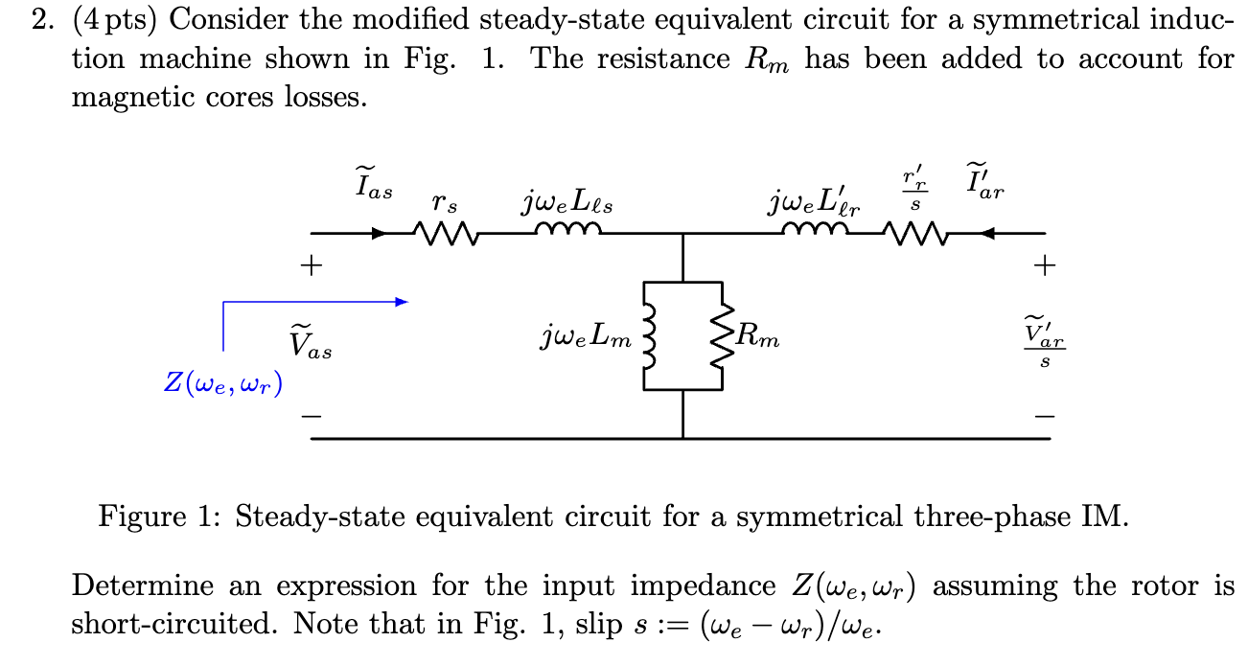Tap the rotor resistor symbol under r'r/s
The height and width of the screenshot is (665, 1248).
click(914, 232)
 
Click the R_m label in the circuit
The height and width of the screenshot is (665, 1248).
click(758, 335)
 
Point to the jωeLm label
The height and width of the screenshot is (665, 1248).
click(586, 336)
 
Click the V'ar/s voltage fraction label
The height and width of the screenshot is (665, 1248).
click(1044, 340)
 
